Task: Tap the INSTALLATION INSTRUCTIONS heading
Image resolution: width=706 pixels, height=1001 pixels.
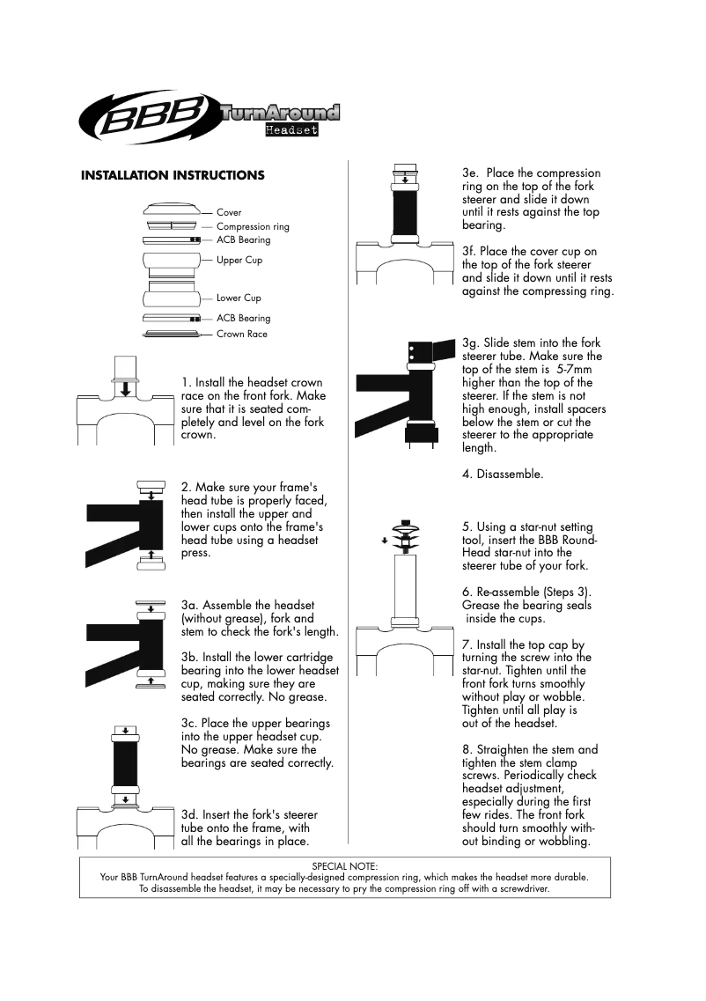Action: click(173, 175)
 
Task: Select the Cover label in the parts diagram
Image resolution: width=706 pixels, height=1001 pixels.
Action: click(229, 213)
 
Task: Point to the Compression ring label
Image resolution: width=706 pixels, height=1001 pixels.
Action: click(253, 226)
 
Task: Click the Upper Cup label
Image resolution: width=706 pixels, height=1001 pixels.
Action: click(239, 261)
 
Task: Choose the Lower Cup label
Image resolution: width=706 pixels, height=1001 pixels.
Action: click(239, 298)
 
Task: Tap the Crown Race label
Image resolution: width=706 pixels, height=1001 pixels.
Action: click(242, 335)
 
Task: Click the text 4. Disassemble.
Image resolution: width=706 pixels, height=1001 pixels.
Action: click(503, 475)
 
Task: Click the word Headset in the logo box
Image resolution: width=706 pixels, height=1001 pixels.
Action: click(291, 130)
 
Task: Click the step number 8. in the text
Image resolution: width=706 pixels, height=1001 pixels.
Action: click(467, 750)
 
